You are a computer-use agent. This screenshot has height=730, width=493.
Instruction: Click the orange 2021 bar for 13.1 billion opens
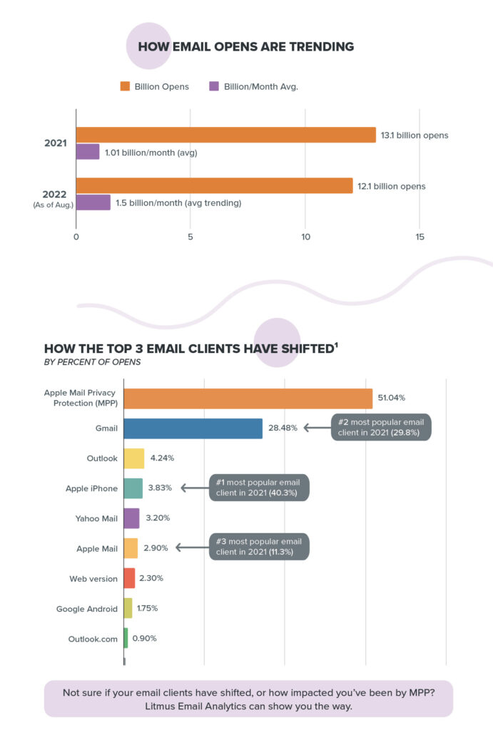[225, 135]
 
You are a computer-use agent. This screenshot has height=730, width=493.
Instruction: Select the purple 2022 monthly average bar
[93, 202]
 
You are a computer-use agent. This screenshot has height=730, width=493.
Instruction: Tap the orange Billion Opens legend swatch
[124, 86]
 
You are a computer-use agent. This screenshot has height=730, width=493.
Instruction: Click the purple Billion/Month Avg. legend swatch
[213, 86]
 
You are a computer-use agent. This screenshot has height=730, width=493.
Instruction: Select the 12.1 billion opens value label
[392, 186]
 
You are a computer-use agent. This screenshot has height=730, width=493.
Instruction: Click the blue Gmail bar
[193, 428]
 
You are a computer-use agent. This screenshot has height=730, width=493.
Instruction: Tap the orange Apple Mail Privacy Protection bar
[248, 398]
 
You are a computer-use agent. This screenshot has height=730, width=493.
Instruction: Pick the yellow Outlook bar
[134, 458]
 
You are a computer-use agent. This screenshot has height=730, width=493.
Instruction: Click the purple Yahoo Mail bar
[131, 518]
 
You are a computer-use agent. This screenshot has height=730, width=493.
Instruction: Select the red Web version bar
[129, 578]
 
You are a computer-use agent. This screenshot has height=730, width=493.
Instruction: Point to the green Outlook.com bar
[126, 638]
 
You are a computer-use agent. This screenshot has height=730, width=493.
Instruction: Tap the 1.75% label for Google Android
[147, 608]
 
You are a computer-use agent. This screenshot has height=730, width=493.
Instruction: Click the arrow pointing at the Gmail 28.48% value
[315, 428]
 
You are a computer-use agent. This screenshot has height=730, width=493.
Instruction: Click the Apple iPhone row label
[91, 488]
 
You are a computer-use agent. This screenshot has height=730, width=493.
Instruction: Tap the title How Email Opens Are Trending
[245, 47]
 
